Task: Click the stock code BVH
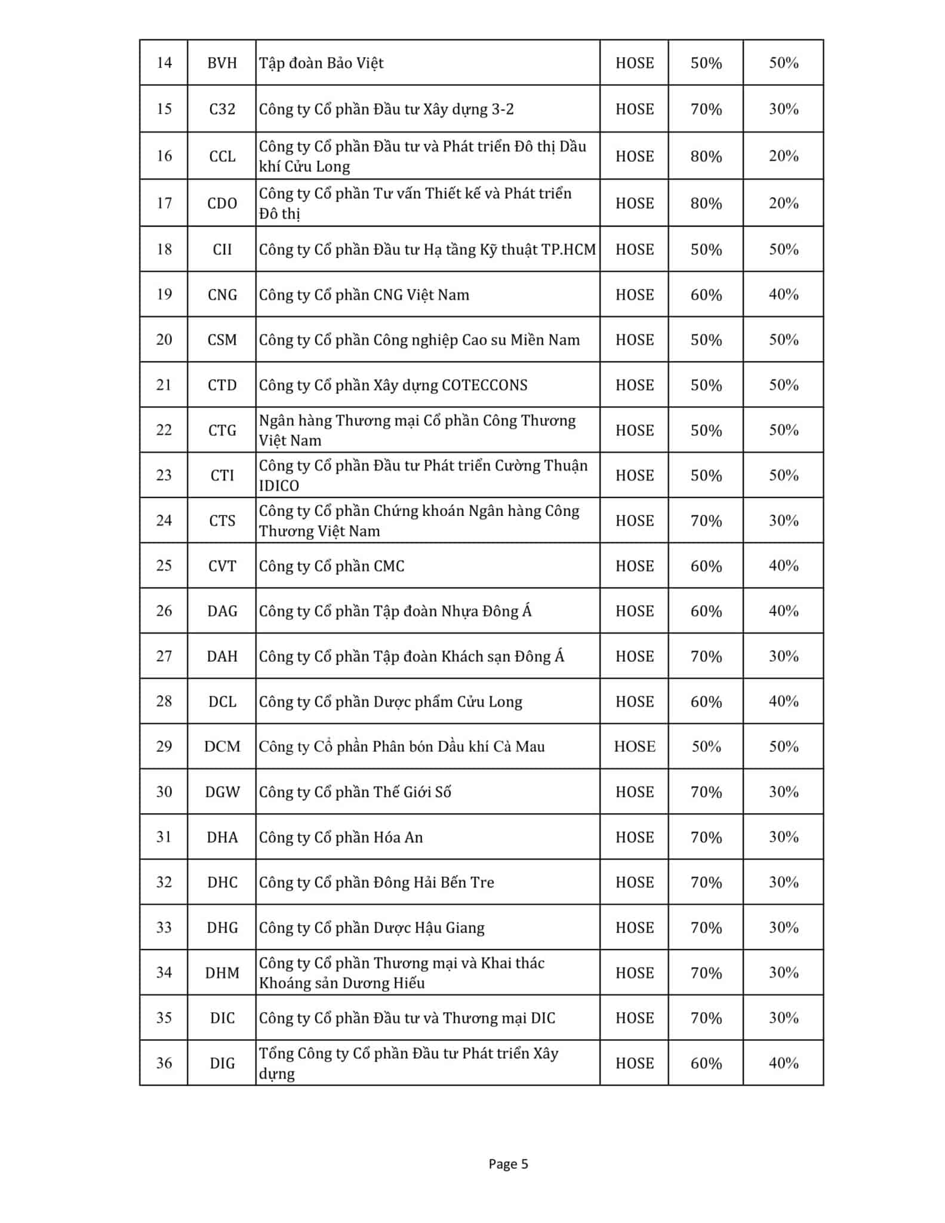tap(222, 63)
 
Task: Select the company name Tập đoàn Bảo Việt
tap(321, 63)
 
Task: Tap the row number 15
tap(164, 109)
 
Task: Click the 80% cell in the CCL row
tap(706, 156)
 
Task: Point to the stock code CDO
tap(222, 204)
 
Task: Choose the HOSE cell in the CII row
tap(635, 250)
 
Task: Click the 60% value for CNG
tap(706, 295)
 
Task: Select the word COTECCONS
tap(484, 385)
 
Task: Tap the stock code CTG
tap(222, 431)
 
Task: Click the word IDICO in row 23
tap(279, 485)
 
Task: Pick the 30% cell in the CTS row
tap(783, 521)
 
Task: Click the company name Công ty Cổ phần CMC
tap(331, 566)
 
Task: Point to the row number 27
tap(164, 656)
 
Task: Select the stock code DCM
tap(222, 746)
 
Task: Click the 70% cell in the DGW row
tap(706, 792)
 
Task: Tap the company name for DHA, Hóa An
tap(341, 837)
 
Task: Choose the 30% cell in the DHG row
tap(783, 927)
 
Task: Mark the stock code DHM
tap(222, 973)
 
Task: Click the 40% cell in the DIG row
tap(783, 1063)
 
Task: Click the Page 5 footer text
tap(508, 1164)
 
